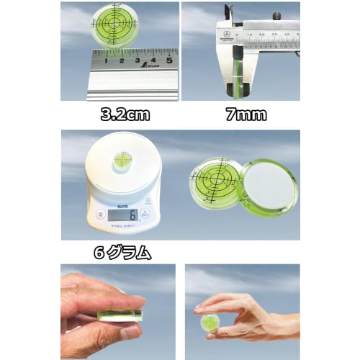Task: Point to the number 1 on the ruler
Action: [x=106, y=61]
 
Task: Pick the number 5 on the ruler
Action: [x=168, y=61]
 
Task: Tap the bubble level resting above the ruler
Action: [x=116, y=26]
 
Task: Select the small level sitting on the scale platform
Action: [x=124, y=161]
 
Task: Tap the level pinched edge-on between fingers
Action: [x=119, y=315]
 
